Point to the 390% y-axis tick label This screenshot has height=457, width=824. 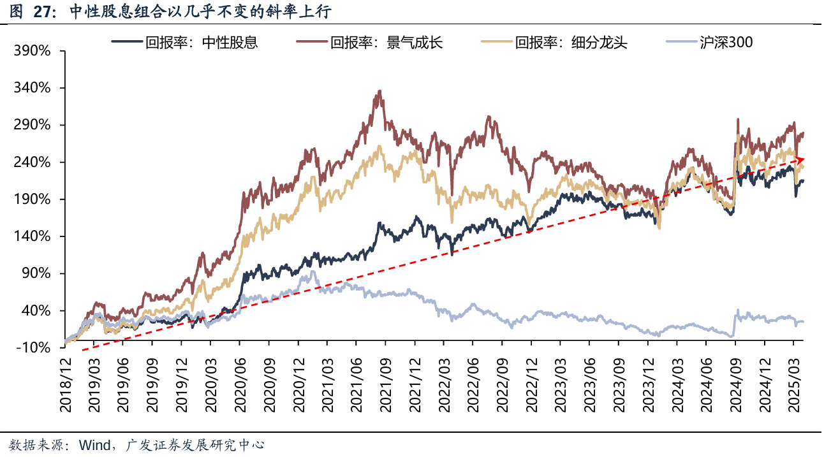tap(31, 50)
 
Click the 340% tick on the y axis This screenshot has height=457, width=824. tap(31, 87)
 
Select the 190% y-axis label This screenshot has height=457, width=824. tap(31, 199)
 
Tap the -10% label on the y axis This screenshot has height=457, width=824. tap(33, 348)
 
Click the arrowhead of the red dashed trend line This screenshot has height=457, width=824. tap(802, 159)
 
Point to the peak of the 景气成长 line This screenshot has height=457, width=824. tap(380, 91)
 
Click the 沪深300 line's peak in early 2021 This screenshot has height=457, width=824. tap(313, 272)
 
